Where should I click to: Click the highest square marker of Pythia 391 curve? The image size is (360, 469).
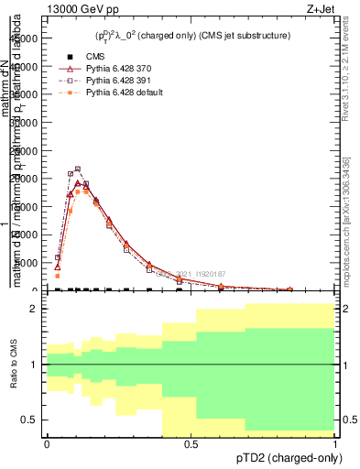pyautogui.click(x=78, y=169)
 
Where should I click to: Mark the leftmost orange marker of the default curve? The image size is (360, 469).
pyautogui.click(x=57, y=276)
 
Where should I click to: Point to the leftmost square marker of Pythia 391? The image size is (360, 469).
pyautogui.click(x=57, y=257)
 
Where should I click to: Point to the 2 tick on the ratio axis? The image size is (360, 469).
pyautogui.click(x=35, y=310)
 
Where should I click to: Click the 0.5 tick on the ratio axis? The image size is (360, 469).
pyautogui.click(x=32, y=420)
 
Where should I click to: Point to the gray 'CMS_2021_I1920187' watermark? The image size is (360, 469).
pyautogui.click(x=197, y=273)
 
